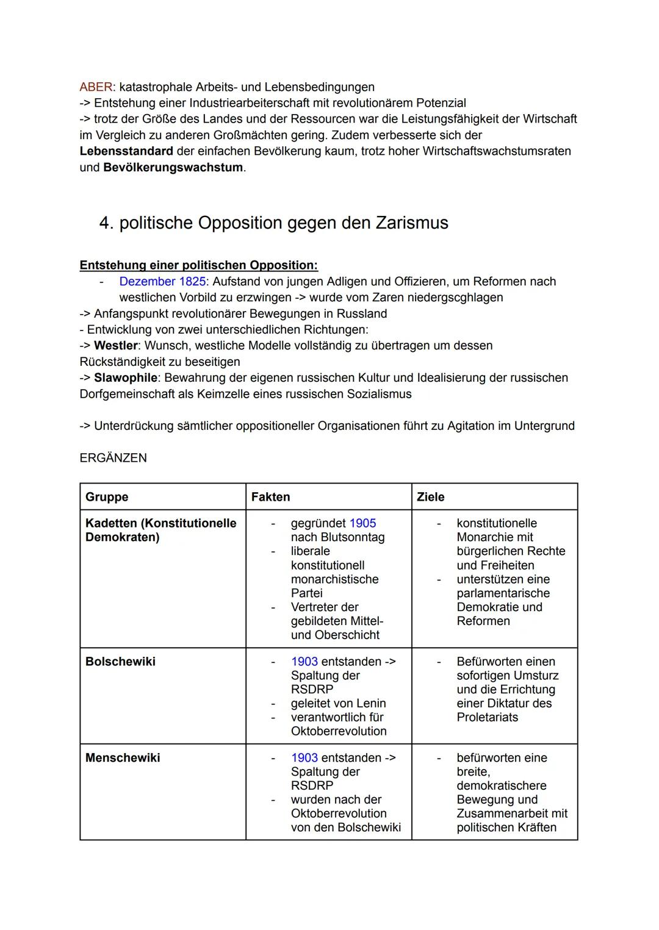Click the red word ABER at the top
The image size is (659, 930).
point(96,87)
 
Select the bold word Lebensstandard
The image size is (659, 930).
point(126,151)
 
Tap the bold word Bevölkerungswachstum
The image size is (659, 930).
point(173,167)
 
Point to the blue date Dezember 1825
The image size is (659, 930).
point(162,282)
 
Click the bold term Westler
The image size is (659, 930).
point(116,346)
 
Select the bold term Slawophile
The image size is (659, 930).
point(125,378)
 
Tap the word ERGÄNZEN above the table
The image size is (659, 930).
point(113,458)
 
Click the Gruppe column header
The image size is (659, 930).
point(107,497)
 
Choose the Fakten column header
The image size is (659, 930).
point(270,497)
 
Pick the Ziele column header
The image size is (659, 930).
point(430,497)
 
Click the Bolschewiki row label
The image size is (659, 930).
point(120,662)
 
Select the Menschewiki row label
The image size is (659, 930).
point(123,758)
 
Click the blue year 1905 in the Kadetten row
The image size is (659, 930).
point(362,523)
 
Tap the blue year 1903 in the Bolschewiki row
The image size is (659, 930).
point(304,662)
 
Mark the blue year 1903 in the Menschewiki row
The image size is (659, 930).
point(304,758)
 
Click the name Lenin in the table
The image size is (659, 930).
point(370,704)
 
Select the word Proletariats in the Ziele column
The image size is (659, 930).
point(487,718)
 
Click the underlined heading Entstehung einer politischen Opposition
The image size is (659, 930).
point(198,265)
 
